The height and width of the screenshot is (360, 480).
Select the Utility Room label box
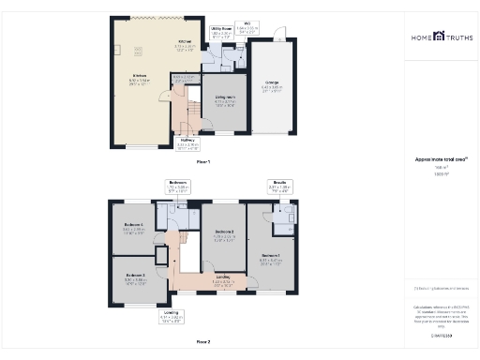(x=221, y=33)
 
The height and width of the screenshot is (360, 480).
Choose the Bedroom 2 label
(x=223, y=234)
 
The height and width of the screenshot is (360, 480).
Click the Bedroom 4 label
(x=135, y=227)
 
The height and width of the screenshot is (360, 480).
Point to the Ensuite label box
(x=278, y=186)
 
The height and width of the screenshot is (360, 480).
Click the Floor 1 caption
(x=202, y=162)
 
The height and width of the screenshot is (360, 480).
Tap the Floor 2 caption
(x=202, y=341)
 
